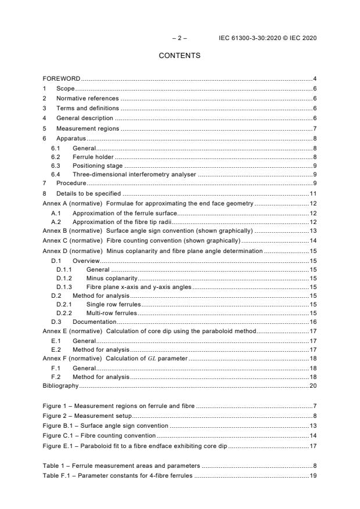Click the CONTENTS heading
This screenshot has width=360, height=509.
pyautogui.click(x=179, y=56)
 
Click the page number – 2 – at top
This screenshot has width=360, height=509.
pyautogui.click(x=179, y=38)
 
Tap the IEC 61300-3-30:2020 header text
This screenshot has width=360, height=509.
pyautogui.click(x=268, y=38)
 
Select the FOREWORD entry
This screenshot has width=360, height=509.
pyautogui.click(x=62, y=78)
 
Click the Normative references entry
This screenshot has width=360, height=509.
pyautogui.click(x=87, y=99)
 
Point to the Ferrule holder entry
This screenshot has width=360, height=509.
pyautogui.click(x=93, y=157)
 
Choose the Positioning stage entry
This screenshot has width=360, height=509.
pyautogui.click(x=98, y=165)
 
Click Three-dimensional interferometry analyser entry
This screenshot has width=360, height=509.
pyautogui.click(x=134, y=174)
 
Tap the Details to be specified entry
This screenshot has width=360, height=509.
pyautogui.click(x=88, y=193)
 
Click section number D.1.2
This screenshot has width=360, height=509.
pyautogui.click(x=64, y=279)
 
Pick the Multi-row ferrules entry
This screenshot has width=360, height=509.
pyautogui.click(x=113, y=313)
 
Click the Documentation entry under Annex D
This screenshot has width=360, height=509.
pyautogui.click(x=94, y=322)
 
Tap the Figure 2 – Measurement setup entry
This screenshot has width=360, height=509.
pyautogui.click(x=88, y=416)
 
